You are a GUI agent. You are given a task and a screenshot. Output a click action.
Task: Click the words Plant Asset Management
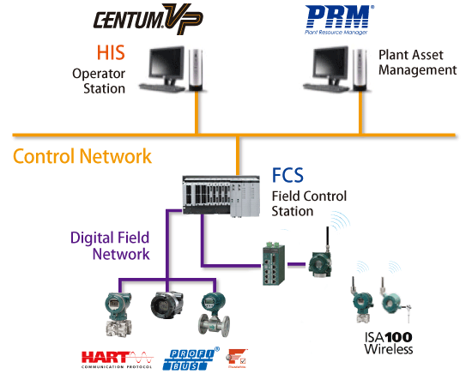pyautogui.click(x=418, y=62)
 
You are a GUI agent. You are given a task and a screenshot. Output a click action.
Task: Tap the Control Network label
pyautogui.click(x=82, y=156)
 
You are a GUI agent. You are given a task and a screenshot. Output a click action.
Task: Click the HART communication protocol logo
pyautogui.click(x=117, y=356)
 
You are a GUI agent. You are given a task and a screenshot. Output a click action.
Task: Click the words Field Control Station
pyautogui.click(x=305, y=202)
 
